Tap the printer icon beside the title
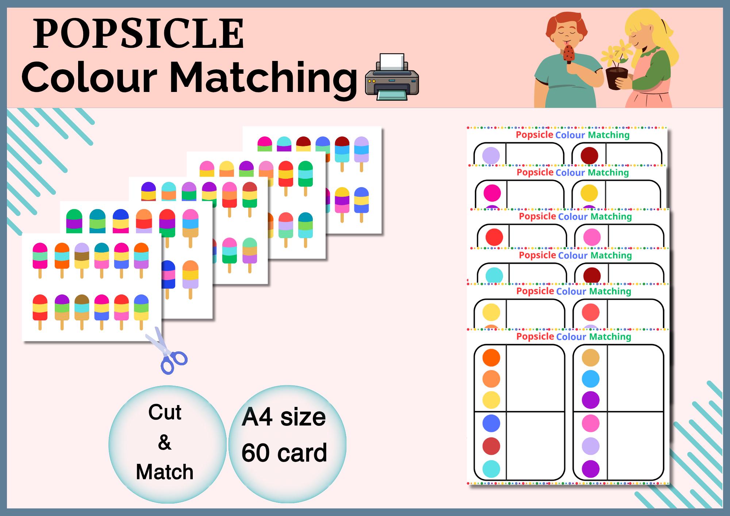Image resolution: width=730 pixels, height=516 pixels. click(392, 77)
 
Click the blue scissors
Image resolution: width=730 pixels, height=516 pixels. click(168, 352)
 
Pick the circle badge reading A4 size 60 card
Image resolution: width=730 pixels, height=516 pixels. click(287, 444)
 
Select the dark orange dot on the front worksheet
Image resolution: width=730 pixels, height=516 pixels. click(491, 358)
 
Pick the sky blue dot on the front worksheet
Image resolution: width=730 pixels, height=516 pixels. click(590, 379)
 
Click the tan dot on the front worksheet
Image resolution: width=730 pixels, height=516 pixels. click(590, 358)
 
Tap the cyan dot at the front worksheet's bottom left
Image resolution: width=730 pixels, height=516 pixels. click(491, 469)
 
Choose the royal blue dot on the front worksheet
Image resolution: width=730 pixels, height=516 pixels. click(491, 424)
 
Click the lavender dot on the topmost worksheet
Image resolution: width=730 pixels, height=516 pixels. click(491, 155)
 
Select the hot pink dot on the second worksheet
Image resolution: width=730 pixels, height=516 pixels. click(492, 193)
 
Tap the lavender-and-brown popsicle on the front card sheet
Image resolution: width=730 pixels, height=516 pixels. click(81, 255)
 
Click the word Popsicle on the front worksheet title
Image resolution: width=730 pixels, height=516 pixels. click(535, 336)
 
